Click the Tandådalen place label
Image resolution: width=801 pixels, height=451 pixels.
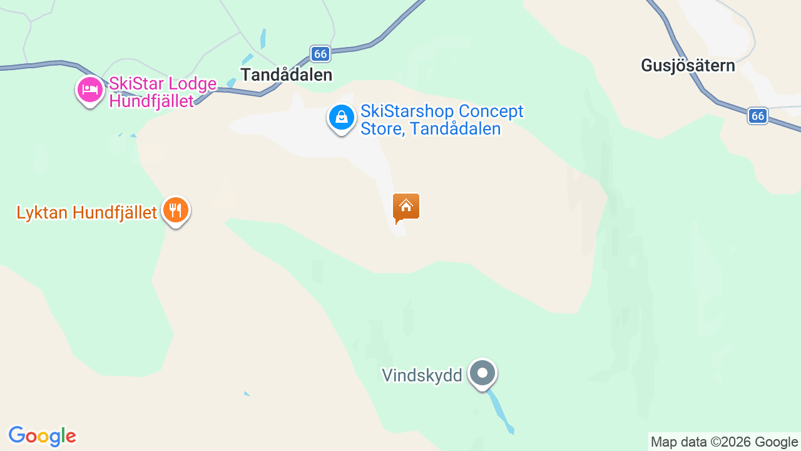coord(286,75)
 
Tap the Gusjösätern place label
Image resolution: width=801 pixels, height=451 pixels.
coord(688,65)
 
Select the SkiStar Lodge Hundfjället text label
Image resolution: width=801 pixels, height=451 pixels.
coord(163,92)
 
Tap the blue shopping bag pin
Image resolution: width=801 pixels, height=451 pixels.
coord(342,118)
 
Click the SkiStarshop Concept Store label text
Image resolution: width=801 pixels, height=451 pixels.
coord(442,120)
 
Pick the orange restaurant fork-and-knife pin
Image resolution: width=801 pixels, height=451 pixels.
coord(176,211)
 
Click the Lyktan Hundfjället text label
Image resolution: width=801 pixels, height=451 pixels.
coord(86,213)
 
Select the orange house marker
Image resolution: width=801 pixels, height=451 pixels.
coord(406,207)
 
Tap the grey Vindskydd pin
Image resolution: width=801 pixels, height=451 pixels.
coord(482,373)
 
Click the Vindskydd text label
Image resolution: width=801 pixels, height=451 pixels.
coord(422,375)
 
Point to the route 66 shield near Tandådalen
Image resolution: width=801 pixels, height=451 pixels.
coord(320,54)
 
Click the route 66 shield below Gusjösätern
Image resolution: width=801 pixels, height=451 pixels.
coord(758,116)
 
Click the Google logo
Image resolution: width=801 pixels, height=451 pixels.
coord(42,436)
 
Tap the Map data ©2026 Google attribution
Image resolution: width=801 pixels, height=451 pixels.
coord(724,442)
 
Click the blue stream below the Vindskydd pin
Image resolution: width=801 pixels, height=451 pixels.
coord(501,411)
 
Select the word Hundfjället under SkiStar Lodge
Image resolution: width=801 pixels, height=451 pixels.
coord(151,101)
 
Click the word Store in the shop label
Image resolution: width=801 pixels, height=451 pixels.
coord(379,129)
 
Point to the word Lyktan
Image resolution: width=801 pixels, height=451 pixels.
coord(43,213)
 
